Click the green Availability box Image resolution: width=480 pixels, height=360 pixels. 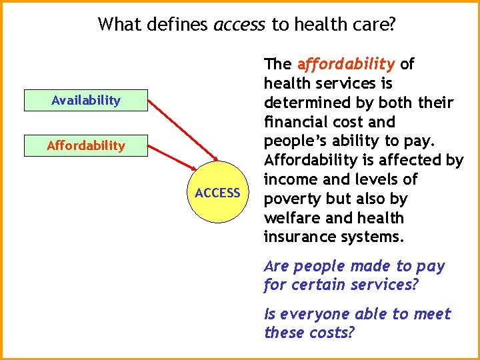point(85,101)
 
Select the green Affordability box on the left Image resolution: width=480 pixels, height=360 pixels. point(85,145)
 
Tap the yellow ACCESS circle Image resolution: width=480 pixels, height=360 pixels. point(217,193)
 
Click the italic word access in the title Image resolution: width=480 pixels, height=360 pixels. point(239,25)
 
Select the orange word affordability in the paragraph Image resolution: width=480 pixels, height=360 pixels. point(346,65)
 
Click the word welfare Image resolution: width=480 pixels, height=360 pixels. point(291,218)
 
